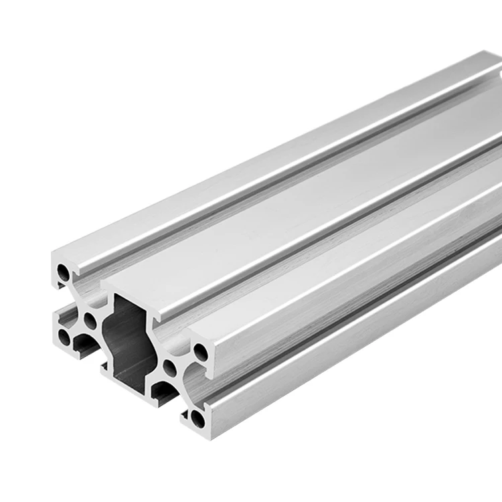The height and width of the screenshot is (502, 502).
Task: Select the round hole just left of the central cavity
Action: (90, 321)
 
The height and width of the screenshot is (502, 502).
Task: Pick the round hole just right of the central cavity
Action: (170, 368)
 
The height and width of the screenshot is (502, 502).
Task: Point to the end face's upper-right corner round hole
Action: (200, 350)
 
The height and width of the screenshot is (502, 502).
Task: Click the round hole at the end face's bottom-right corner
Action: (197, 419)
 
